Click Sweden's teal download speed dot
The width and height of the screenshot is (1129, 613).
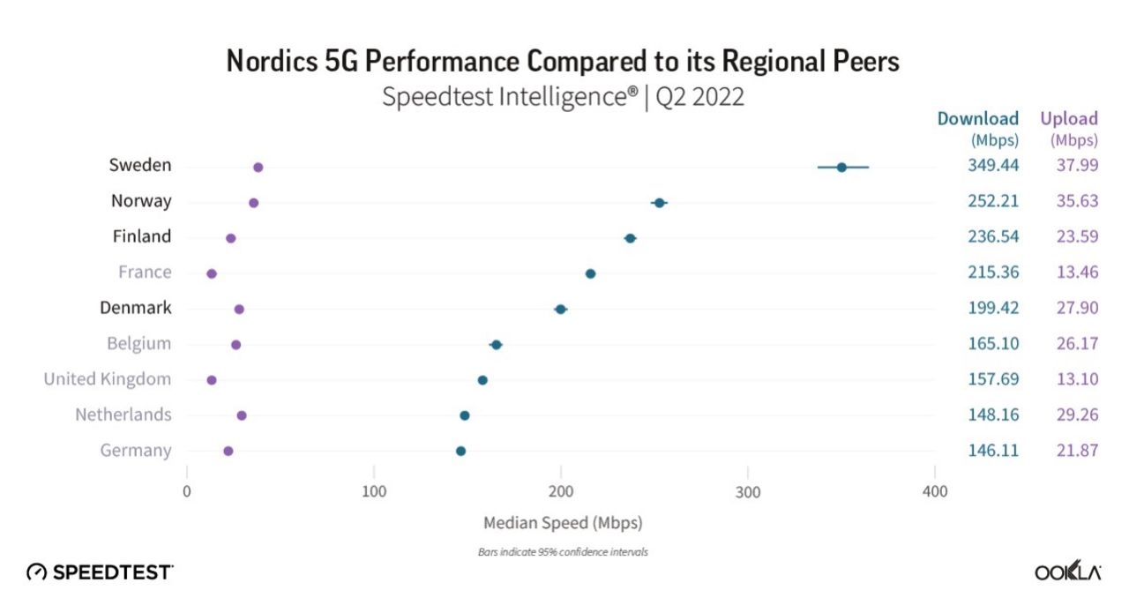841,167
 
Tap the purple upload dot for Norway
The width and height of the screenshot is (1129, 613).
254,203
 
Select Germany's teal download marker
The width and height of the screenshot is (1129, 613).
460,451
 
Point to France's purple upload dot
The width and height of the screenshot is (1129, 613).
212,273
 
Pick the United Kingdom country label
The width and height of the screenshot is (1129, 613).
108,379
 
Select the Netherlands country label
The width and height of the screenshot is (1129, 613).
123,415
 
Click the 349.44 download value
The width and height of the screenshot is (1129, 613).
993,166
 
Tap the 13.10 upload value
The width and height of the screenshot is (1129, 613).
1077,379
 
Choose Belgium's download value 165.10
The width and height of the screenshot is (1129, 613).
993,344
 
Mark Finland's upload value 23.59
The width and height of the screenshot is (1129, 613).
1077,237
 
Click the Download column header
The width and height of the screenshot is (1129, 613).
977,119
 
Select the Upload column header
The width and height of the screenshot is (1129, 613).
1069,119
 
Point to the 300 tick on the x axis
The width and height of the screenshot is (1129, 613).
748,491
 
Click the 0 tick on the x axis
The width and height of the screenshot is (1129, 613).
187,491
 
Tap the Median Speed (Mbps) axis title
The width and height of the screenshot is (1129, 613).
563,523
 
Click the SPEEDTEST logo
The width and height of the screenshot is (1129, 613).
100,572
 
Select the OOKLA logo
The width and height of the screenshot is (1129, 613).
1067,572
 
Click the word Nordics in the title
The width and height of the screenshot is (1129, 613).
269,62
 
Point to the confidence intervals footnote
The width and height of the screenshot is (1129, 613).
563,552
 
